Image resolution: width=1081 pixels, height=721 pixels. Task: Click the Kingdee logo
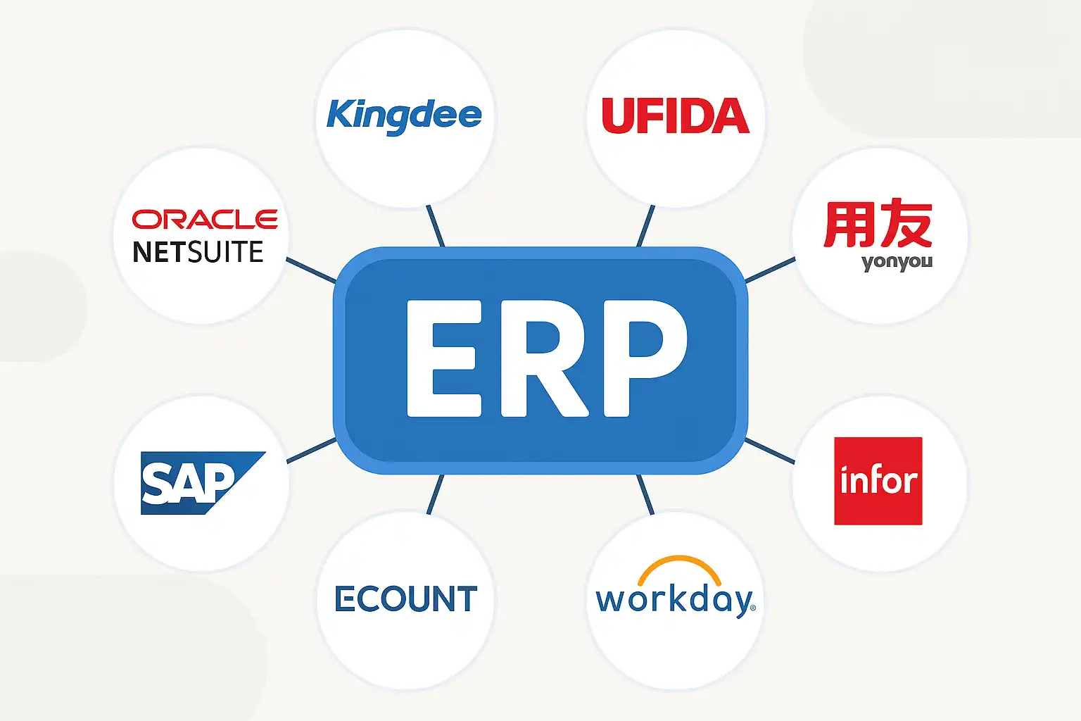[404, 115]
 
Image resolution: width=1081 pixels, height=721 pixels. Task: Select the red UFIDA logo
[675, 116]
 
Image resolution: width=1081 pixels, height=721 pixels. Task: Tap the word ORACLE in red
[205, 219]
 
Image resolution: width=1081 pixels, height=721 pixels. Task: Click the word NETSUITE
[198, 252]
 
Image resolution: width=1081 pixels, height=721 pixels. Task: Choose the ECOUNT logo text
[405, 599]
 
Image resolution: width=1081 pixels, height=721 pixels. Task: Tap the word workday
[674, 601]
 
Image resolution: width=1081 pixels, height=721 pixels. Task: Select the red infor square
[878, 481]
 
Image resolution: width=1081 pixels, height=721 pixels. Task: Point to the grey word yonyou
[897, 263]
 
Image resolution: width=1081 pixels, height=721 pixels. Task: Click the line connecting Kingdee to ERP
[436, 225]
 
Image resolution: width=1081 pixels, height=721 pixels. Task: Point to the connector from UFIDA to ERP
[645, 225]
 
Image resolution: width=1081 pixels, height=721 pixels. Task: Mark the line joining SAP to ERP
[311, 451]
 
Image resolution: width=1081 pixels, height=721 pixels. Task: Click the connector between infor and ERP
[769, 451]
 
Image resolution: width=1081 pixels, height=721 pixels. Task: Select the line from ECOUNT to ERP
[436, 494]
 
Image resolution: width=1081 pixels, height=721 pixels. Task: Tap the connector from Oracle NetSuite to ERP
[311, 270]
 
